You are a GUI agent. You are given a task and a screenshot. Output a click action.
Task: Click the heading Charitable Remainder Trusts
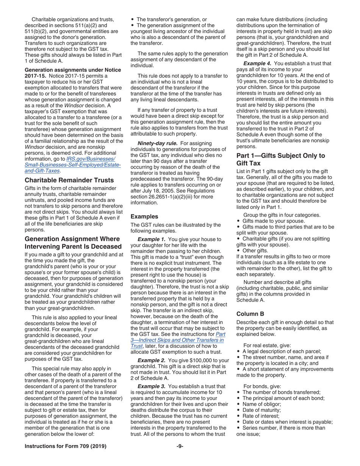[69, 180]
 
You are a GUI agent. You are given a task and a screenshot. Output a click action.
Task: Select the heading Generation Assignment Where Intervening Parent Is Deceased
[72, 243]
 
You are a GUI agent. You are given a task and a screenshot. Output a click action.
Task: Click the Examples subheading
[144, 216]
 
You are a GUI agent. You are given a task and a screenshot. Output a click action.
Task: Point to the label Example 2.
[152, 360]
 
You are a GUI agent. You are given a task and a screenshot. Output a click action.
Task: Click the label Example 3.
[152, 386]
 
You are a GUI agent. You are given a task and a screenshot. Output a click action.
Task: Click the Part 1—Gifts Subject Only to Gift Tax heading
[280, 159]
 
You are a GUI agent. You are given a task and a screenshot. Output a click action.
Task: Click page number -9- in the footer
[180, 446]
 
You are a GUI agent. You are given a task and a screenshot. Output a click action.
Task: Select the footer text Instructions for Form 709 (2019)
[65, 446]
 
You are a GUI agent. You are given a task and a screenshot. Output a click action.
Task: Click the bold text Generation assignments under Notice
[73, 70]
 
